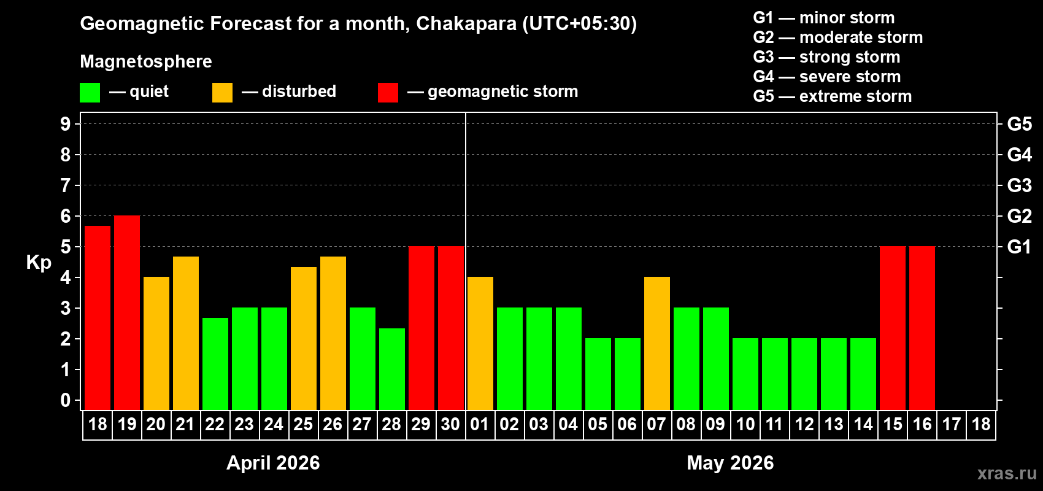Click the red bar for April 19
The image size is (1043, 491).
click(127, 312)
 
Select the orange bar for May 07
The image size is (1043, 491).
click(657, 343)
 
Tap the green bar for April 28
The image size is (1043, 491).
click(392, 369)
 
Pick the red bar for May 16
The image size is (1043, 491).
click(922, 328)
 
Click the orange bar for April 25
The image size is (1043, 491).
click(304, 338)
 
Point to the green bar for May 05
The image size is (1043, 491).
click(598, 374)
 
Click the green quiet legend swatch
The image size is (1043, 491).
click(90, 93)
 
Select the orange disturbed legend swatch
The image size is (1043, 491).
click(222, 93)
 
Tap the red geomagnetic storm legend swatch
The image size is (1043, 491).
click(388, 93)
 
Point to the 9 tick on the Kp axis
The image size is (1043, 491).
click(66, 124)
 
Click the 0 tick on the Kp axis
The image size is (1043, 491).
click(66, 401)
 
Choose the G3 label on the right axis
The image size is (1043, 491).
click(1019, 185)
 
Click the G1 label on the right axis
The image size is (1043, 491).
click(1019, 247)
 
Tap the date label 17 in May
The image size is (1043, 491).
click(952, 424)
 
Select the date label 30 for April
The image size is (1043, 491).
click(450, 424)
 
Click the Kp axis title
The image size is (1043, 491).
click(39, 262)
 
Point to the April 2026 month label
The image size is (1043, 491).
click(273, 462)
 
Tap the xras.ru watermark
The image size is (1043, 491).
click(1007, 473)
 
